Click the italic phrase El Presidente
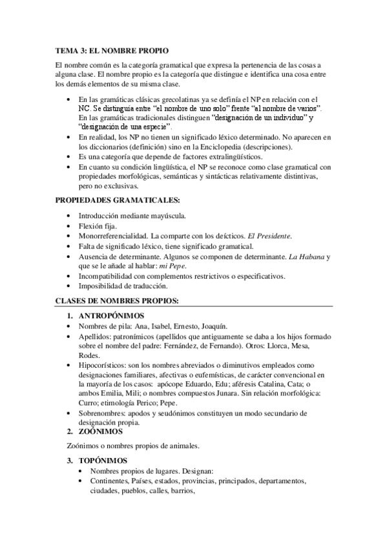tap(271, 236)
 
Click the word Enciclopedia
tap(213, 146)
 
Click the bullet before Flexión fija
tap(70, 226)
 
